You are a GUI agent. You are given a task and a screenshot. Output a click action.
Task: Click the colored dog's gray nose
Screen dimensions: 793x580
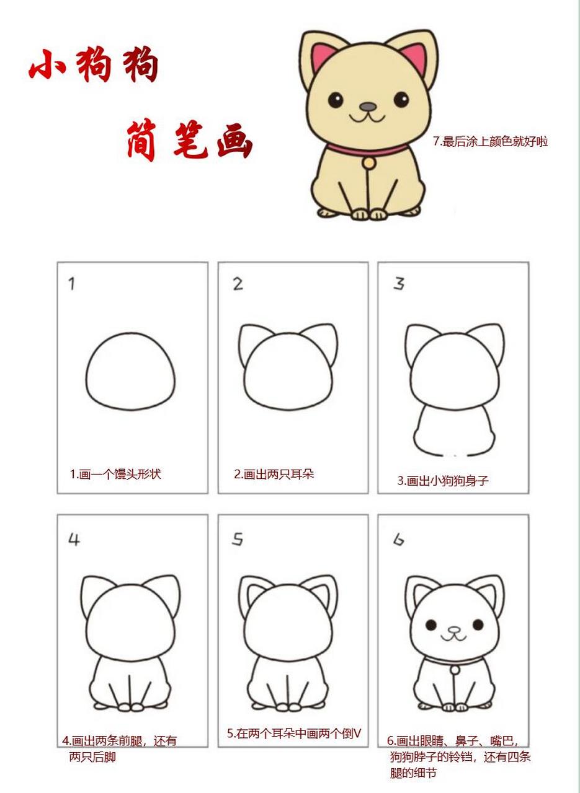[x=368, y=107]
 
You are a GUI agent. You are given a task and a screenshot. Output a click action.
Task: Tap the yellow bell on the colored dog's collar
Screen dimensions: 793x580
[x=369, y=162]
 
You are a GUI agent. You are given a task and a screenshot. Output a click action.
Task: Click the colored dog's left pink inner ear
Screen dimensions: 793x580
[x=323, y=58]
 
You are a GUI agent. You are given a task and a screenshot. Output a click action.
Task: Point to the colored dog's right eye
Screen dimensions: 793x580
[x=401, y=99]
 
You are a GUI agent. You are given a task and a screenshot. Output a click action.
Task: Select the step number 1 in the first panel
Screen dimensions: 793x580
[x=72, y=284]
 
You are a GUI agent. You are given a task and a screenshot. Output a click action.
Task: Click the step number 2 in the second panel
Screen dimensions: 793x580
[x=238, y=284]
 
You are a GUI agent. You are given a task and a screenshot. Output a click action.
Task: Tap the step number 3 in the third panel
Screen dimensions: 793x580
[x=399, y=284]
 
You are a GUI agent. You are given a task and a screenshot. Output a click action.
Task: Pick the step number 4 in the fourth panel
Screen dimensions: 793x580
[x=74, y=540]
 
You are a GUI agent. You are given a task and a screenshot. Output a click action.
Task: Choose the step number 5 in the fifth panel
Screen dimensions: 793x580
[x=237, y=540]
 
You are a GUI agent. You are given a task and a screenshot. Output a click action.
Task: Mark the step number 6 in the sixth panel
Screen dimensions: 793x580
[x=398, y=540]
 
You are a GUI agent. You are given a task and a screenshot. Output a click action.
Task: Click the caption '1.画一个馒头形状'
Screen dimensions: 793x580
[x=115, y=475]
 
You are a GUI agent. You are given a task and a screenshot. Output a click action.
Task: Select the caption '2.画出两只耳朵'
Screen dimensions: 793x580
[x=274, y=475]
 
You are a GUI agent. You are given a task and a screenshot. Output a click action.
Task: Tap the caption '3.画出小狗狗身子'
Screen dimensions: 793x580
[x=443, y=481]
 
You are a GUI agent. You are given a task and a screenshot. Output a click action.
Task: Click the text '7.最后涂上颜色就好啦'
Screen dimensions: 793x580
[x=490, y=141]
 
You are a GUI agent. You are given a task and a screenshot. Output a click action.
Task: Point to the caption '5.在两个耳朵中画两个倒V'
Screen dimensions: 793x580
[x=293, y=734]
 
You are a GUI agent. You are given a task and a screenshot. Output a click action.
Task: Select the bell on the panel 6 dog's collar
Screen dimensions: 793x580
[x=455, y=670]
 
